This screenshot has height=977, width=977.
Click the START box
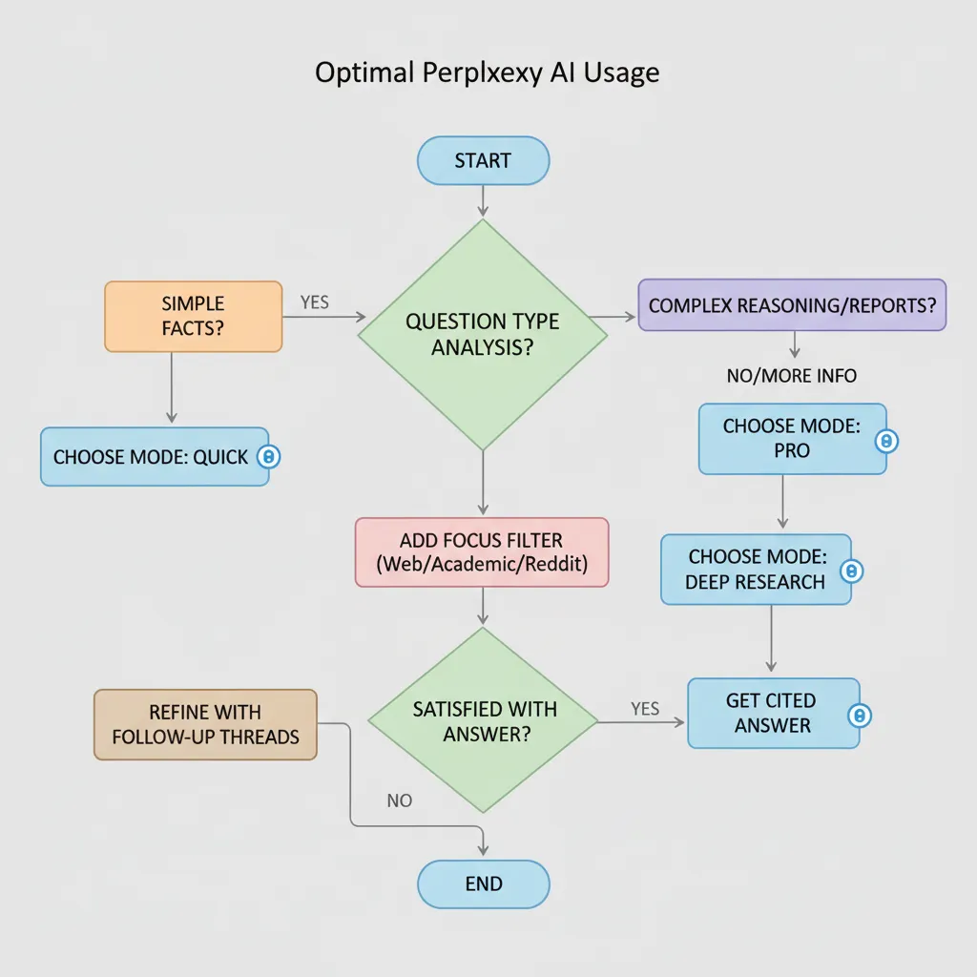[483, 160]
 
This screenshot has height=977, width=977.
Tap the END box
[483, 883]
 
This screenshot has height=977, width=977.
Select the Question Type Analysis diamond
[482, 334]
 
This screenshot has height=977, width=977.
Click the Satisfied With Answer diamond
[484, 720]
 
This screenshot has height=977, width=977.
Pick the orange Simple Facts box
[193, 317]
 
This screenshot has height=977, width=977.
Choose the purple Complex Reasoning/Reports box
[792, 305]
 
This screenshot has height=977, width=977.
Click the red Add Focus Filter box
[482, 551]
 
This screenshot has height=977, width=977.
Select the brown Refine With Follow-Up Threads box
[205, 724]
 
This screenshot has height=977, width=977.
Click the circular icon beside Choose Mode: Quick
[269, 457]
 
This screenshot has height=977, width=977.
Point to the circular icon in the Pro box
[887, 441]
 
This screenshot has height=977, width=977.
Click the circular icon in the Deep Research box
[852, 571]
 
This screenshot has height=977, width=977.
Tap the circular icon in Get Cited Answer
[860, 715]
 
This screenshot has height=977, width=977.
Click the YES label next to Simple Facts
[314, 302]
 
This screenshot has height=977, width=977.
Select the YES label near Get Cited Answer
[645, 709]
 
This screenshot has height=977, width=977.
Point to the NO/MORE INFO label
[792, 376]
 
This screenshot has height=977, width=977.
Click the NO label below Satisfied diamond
[400, 800]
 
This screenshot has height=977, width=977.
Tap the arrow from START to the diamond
[483, 200]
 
